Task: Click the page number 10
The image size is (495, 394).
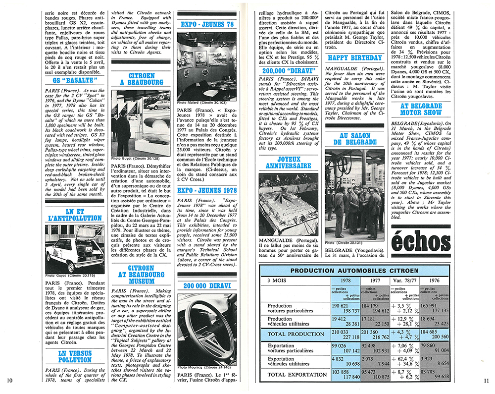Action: click(x=9, y=380)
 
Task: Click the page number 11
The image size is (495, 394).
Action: click(x=486, y=380)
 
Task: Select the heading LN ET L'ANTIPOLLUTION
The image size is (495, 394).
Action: click(x=75, y=214)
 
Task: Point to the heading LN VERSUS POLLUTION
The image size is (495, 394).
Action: click(x=75, y=356)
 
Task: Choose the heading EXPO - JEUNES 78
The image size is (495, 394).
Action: click(x=206, y=24)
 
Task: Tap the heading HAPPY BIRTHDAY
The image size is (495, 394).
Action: click(x=355, y=58)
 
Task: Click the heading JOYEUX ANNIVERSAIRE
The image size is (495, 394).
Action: click(x=289, y=163)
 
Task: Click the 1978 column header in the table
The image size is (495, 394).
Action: click(x=346, y=280)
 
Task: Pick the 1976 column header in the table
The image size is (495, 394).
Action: click(x=434, y=280)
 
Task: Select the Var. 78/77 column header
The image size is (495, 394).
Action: click(x=405, y=280)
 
